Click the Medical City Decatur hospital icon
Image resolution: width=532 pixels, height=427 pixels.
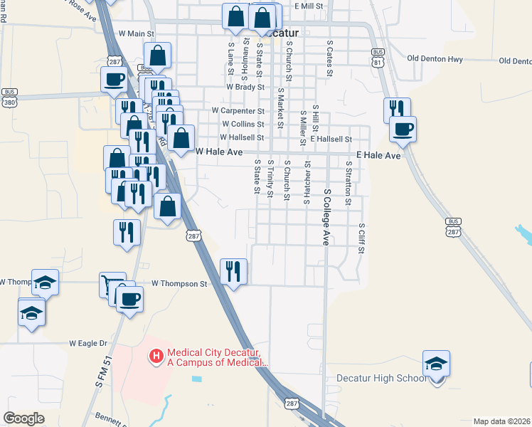tap(156, 354)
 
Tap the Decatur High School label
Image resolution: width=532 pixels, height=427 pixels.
tap(381, 378)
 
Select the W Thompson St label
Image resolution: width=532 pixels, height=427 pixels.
tap(178, 284)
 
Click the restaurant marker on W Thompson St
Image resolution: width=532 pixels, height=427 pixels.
tap(234, 271)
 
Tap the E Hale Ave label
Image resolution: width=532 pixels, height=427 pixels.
tap(378, 155)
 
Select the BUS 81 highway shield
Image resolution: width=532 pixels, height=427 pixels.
tap(378, 57)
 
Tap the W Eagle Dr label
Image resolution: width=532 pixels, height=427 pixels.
tap(87, 343)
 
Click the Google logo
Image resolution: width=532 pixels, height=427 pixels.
tap(24, 418)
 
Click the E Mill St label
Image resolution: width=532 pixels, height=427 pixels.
tap(309, 6)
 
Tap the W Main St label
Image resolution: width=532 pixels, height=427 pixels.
tap(137, 33)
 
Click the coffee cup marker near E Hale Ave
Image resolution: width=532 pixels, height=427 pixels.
tap(403, 129)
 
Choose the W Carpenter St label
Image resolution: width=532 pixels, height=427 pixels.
tap(238, 111)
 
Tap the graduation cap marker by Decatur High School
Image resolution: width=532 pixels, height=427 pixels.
tap(436, 364)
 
